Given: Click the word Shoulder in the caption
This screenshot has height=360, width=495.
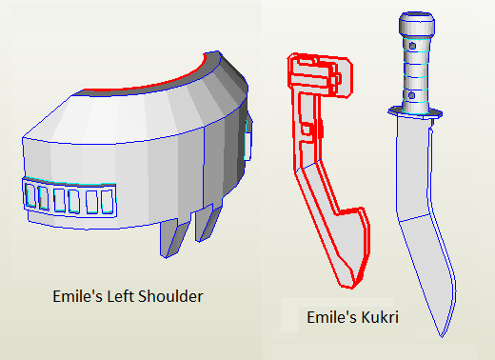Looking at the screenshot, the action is (170, 296).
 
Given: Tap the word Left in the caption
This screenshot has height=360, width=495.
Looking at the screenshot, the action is (120, 296).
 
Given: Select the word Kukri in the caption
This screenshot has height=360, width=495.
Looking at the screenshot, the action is (380, 317).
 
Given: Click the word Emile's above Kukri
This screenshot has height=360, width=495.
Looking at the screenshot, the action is (331, 317).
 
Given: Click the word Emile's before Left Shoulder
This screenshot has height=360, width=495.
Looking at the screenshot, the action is (77, 296).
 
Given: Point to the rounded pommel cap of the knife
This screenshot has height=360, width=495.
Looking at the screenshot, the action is (417, 24).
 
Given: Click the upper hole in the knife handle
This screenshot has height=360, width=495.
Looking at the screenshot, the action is (412, 46).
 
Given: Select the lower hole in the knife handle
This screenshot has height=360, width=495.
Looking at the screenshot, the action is (411, 95).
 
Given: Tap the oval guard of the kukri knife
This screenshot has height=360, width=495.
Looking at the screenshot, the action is (415, 112).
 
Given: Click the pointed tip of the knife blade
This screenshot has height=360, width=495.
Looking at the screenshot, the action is (442, 336).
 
